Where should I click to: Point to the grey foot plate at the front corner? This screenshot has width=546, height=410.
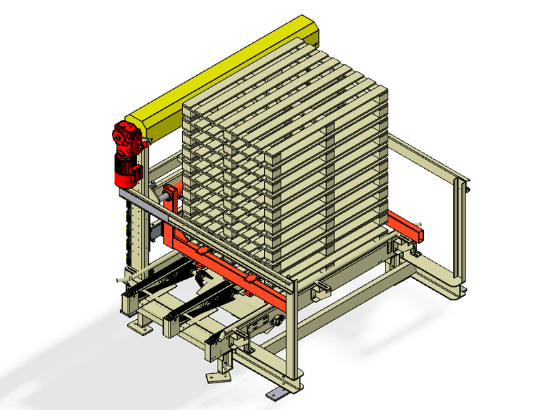[277, 394]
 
